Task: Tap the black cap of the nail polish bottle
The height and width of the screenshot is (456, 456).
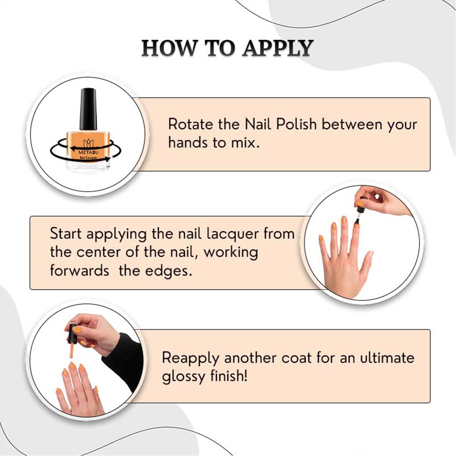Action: (88, 109)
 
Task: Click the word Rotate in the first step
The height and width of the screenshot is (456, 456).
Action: (191, 124)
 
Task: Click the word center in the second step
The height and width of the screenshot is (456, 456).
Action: (99, 252)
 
